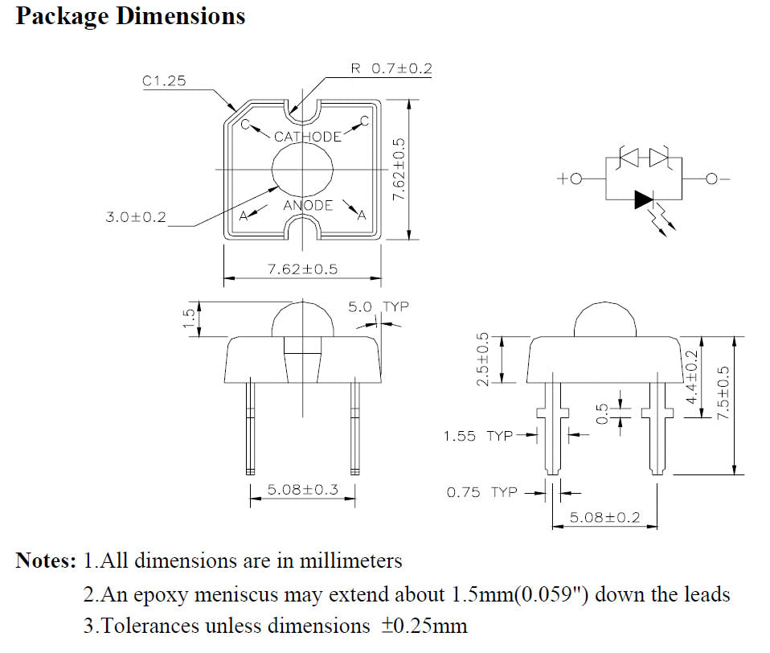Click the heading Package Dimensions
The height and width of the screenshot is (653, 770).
click(x=130, y=16)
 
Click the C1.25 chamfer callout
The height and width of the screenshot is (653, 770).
click(x=164, y=80)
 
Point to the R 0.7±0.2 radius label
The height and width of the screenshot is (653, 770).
click(x=391, y=69)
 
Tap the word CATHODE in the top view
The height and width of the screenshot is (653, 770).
click(x=307, y=137)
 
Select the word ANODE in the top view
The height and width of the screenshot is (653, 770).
click(x=308, y=205)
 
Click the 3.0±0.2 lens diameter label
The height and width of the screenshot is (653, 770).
click(x=135, y=217)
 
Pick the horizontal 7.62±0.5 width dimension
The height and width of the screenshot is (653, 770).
click(x=302, y=269)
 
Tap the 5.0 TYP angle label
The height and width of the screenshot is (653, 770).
click(x=378, y=307)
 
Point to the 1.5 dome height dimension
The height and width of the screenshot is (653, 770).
click(x=187, y=319)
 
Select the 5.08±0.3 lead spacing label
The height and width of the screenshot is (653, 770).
click(x=302, y=489)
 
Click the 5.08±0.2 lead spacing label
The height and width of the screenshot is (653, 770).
click(x=604, y=517)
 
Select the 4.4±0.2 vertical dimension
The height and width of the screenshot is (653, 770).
click(x=691, y=376)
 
